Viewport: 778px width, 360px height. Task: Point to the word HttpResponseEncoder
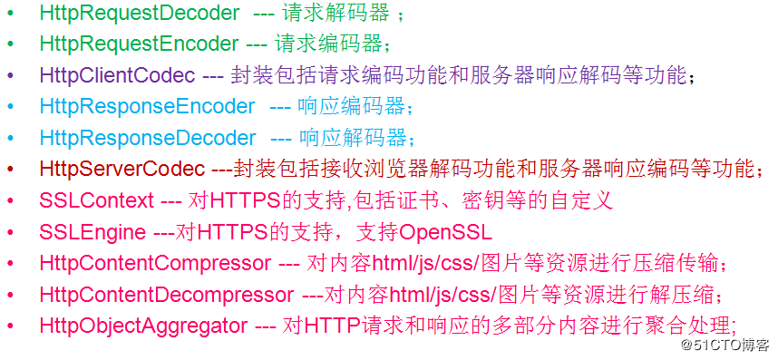coord(147,107)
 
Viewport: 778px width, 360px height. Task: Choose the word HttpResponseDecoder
coord(148,138)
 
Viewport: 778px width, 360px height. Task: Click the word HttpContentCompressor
coord(155,263)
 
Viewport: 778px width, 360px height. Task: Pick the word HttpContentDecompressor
coord(166,295)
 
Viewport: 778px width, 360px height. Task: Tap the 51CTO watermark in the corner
coord(725,345)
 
